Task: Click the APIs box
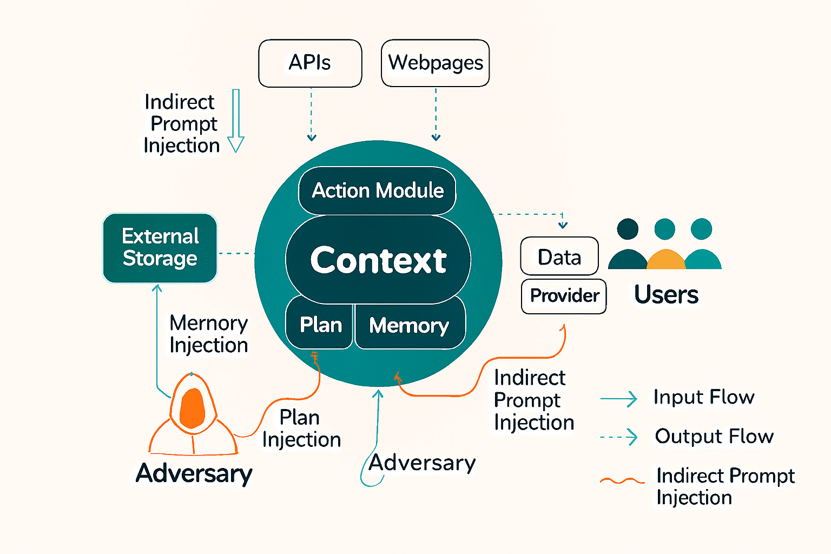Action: coord(310,63)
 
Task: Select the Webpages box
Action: coord(436,63)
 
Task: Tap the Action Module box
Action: coord(378,190)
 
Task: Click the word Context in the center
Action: coord(378,260)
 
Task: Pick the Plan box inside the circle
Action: coord(320,325)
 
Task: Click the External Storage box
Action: coord(160,248)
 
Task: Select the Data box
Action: coord(559,256)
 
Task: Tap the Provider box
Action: coord(564,295)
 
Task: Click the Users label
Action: coord(666,295)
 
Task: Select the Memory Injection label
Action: coord(209,334)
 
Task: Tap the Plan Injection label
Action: coord(301,428)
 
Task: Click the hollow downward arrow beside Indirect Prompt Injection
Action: coord(236,121)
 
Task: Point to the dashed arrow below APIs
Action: coord(312,115)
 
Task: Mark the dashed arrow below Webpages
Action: coord(436,115)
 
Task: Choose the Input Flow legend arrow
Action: coord(619,399)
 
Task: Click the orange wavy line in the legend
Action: coord(622,480)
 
